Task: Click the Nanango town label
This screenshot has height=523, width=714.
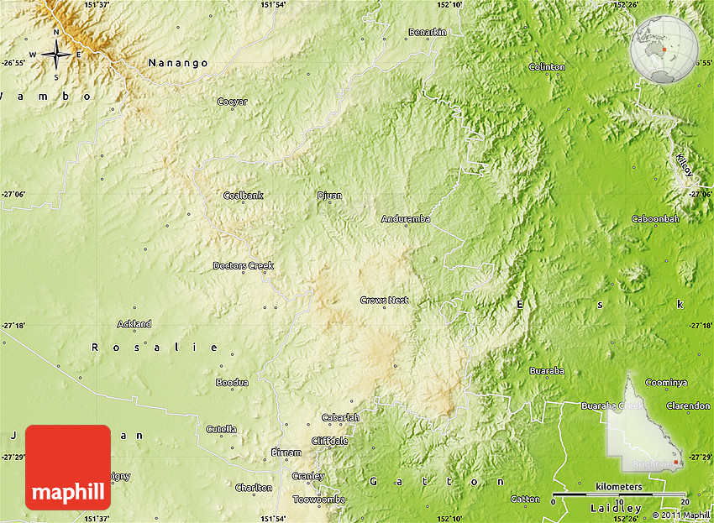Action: pos(177,62)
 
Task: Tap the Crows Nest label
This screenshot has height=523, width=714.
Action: pos(384,300)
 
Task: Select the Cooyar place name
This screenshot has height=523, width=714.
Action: pos(233,102)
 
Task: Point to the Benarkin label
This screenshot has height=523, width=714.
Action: pos(427,32)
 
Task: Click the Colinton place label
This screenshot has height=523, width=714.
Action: pos(547,66)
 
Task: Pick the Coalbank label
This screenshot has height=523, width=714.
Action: pos(243,196)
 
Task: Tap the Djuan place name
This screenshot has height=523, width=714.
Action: pos(329,196)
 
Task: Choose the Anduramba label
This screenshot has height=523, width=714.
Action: pos(406,219)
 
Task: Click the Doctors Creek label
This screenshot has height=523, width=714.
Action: pos(243,266)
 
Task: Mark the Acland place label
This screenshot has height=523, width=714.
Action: pos(134,324)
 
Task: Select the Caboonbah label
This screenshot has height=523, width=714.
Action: pos(655,219)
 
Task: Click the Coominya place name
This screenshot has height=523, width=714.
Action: pos(666,382)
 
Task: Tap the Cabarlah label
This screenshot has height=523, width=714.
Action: pos(340,417)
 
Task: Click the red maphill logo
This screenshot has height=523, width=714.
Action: pos(68,468)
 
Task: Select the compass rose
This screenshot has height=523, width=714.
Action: pos(56,55)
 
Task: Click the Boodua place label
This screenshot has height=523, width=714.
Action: pos(232,382)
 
